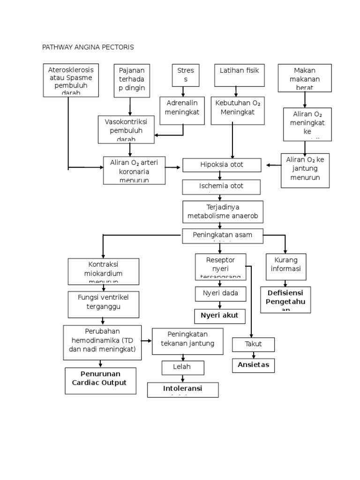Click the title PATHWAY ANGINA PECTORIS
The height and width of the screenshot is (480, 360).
(88, 47)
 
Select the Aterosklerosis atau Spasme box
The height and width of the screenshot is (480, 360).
(71, 81)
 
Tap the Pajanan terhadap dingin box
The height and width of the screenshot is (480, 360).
(132, 81)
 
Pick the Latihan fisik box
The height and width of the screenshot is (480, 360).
(236, 75)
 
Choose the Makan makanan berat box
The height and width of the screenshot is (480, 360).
(305, 77)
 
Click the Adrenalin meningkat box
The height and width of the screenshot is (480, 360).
(182, 111)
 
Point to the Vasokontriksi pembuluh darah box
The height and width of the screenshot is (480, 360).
(126, 129)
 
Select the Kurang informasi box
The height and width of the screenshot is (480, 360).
(285, 266)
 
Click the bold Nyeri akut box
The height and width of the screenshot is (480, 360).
(219, 316)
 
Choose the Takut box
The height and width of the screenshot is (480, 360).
(253, 344)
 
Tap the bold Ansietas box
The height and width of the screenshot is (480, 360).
(253, 365)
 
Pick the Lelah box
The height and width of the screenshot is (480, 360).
(183, 368)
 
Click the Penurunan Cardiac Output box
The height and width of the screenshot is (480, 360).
(100, 381)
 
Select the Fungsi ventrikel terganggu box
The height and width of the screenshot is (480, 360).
(103, 304)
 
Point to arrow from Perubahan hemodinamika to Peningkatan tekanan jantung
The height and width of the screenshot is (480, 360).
(146, 341)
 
